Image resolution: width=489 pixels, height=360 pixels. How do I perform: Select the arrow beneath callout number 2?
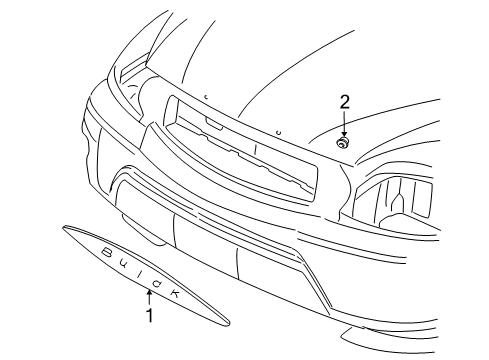pyautogui.click(x=343, y=125)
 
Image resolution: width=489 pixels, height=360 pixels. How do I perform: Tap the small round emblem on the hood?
pyautogui.click(x=343, y=143)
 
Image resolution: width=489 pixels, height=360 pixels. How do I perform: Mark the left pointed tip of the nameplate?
pyautogui.click(x=64, y=229)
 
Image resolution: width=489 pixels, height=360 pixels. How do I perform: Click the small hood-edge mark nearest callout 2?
pyautogui.click(x=279, y=132)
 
